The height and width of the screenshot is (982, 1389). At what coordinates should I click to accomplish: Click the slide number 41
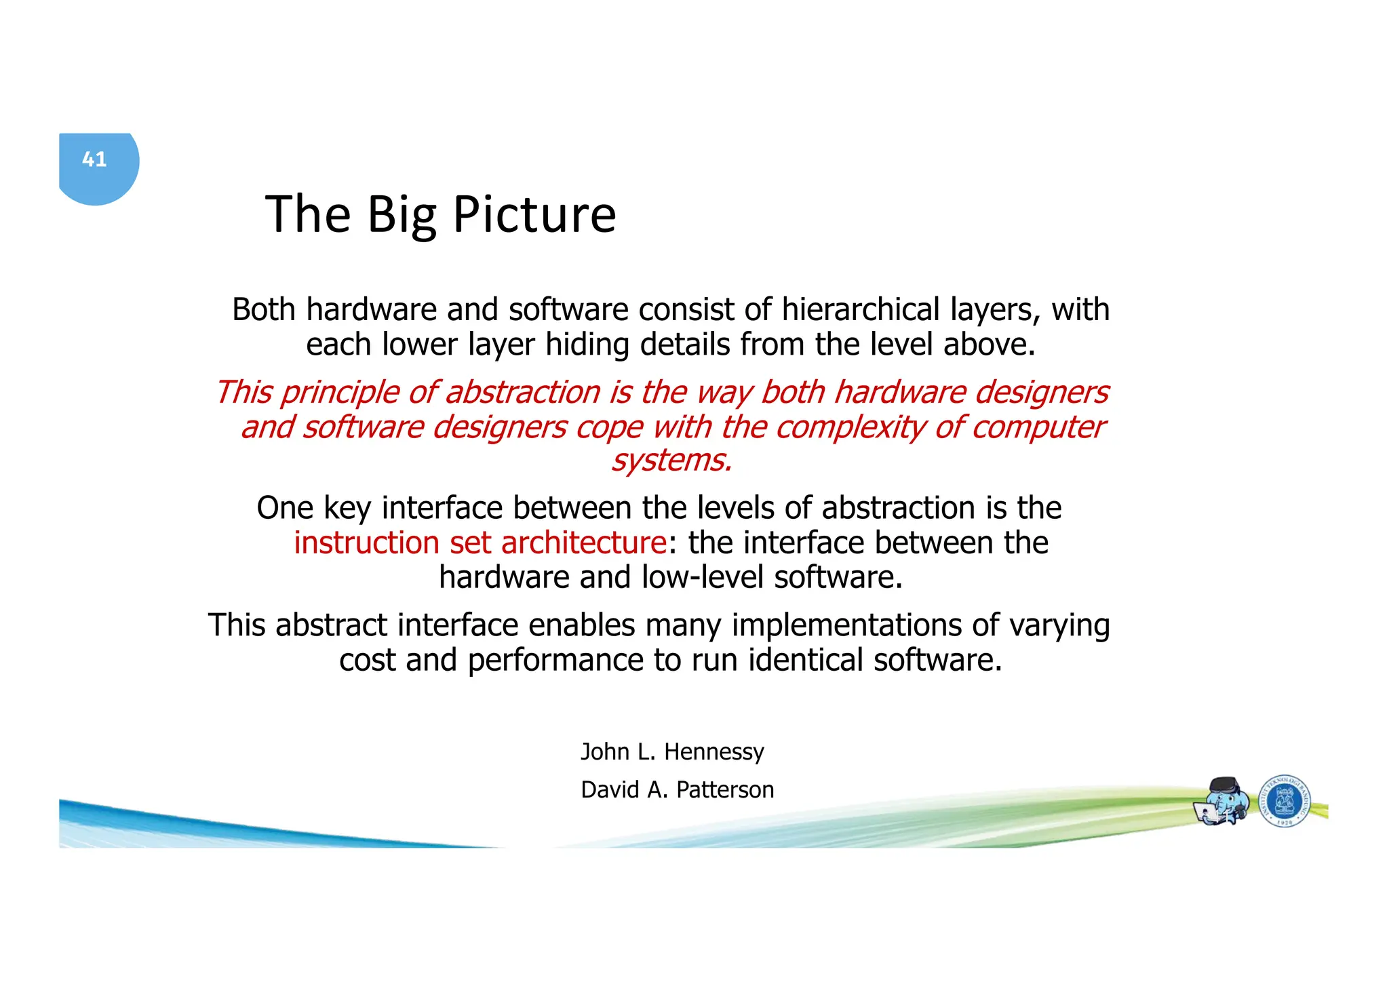click(x=94, y=159)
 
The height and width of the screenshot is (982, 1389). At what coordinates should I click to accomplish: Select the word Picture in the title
click(x=534, y=215)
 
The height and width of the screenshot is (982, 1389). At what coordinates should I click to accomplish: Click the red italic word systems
click(x=671, y=460)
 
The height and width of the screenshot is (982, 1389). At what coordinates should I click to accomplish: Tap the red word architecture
click(x=583, y=543)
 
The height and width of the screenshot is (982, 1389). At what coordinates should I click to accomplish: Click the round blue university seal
click(x=1285, y=802)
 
